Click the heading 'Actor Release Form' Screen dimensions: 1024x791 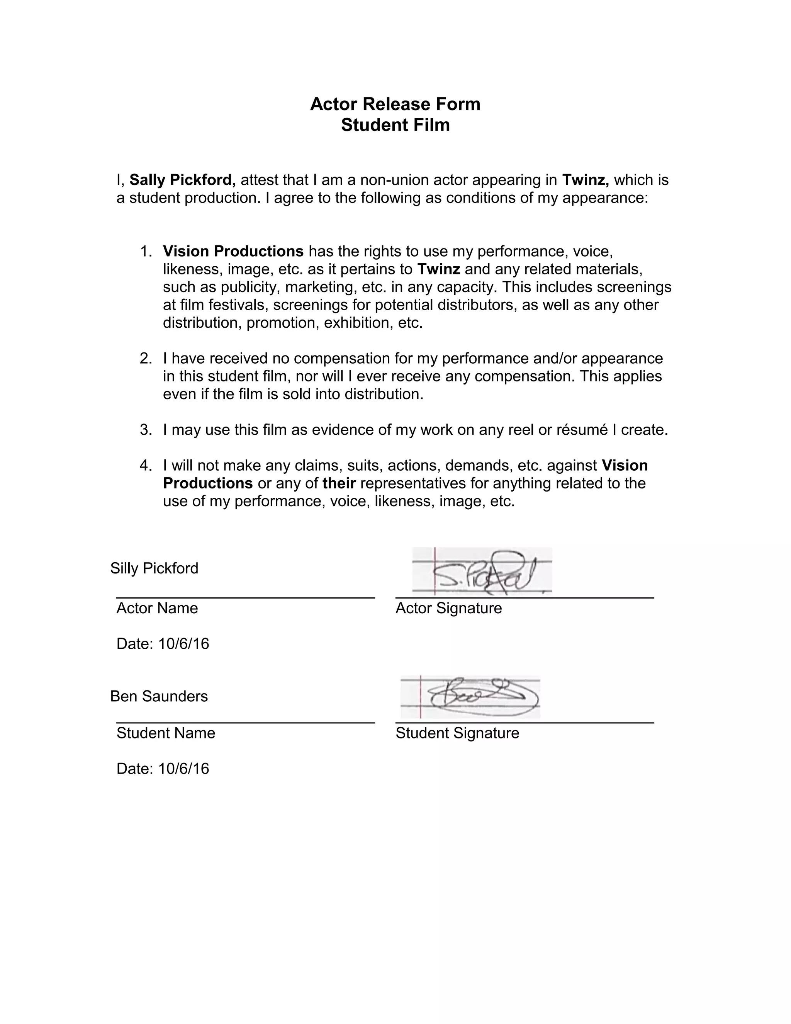(x=395, y=104)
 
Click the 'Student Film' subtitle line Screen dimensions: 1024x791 (x=395, y=125)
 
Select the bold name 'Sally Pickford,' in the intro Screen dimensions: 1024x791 (x=182, y=180)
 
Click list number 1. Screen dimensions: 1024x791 (x=146, y=252)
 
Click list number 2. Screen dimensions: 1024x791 (x=146, y=359)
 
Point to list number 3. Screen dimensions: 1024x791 (x=146, y=430)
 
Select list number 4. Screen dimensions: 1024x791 (x=146, y=466)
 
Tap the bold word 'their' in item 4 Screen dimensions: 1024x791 (x=339, y=483)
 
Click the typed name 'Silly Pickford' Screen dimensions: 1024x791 (x=154, y=568)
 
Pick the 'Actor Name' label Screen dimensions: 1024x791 (x=157, y=608)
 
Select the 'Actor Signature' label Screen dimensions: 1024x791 (x=448, y=608)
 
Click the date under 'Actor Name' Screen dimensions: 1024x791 (x=163, y=644)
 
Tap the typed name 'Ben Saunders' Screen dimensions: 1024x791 (x=159, y=696)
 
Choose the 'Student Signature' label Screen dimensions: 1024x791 (x=457, y=733)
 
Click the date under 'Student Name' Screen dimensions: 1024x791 (x=163, y=769)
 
